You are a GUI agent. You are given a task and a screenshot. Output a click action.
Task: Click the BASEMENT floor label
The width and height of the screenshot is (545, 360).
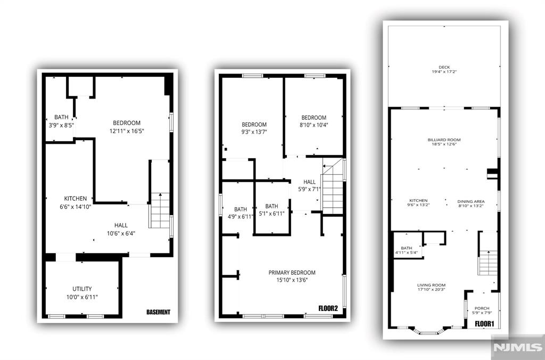pos(159,312)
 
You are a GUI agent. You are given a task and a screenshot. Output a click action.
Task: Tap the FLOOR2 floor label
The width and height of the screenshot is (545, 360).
pos(328,308)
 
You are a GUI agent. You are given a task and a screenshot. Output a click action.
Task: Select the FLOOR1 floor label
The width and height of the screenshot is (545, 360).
pos(484,324)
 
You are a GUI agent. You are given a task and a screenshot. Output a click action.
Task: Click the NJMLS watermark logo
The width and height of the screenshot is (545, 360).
pos(518,347)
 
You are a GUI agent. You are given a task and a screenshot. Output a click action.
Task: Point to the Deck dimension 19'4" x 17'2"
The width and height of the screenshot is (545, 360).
pos(444,72)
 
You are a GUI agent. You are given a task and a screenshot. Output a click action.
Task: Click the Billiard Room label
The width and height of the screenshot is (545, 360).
pos(444,140)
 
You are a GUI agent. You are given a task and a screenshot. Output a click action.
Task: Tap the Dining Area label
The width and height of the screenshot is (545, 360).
pos(470,201)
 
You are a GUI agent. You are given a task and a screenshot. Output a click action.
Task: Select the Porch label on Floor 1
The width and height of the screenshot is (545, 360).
pos(482,308)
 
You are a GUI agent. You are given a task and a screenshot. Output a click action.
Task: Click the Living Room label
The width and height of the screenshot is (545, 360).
pos(431,285)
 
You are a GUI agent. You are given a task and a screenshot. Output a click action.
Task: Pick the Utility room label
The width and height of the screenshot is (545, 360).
pos(82,289)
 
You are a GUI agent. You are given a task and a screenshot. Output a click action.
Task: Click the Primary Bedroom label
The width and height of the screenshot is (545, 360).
pos(292,273)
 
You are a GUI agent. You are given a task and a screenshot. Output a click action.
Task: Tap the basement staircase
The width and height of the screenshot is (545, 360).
pos(160,210)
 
